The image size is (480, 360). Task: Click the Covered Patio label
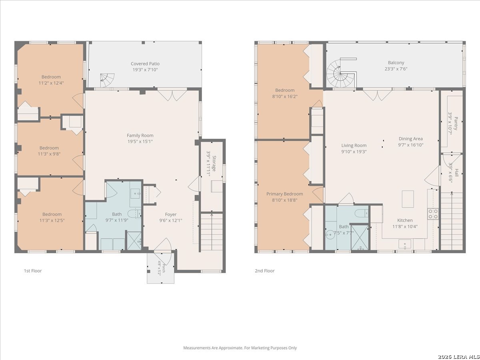point(145,64)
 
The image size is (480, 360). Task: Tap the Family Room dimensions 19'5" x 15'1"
point(140,142)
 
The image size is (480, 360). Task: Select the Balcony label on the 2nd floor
point(396,63)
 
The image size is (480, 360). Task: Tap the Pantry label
point(456,124)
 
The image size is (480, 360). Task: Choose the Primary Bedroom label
point(284,194)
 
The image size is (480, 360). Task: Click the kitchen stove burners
point(433,214)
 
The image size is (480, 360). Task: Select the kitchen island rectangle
point(408,199)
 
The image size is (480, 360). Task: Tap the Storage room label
point(214,164)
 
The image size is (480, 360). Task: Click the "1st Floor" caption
point(33,271)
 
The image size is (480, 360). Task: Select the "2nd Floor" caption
point(265,271)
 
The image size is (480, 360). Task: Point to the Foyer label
point(170,214)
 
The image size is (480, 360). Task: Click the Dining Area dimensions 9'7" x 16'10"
point(411,145)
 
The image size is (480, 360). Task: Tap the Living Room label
point(354,145)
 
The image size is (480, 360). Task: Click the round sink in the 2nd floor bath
point(330,235)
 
